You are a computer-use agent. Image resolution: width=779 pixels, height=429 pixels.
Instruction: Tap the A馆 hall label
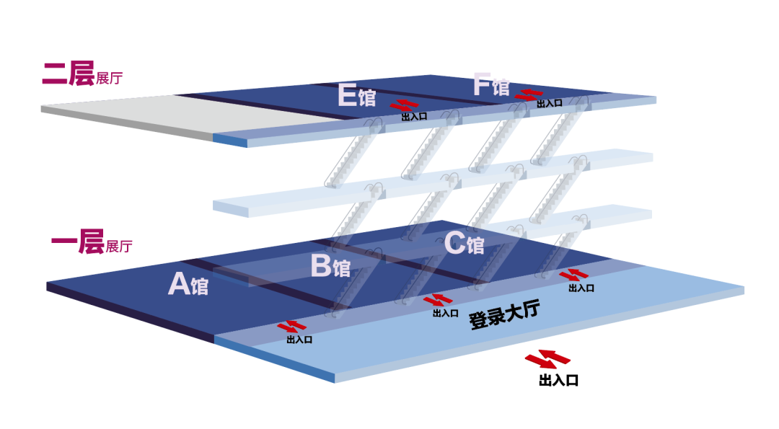click(188, 285)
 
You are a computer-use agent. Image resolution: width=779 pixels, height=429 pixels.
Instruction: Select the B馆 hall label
click(330, 266)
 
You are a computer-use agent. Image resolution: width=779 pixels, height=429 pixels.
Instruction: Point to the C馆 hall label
click(464, 244)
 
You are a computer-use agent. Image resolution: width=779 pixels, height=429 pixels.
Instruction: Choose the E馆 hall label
click(356, 95)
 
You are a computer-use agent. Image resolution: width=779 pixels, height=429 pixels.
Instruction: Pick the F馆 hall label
click(490, 85)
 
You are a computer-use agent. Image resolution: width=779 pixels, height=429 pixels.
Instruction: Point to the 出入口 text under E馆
click(414, 116)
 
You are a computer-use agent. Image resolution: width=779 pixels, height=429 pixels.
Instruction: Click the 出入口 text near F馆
click(550, 104)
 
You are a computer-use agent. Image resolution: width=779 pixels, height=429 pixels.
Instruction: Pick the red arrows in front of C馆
click(575, 275)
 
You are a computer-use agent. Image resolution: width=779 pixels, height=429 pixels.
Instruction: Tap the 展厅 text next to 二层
click(109, 79)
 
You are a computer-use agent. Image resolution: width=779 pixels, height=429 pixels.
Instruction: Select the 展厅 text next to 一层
click(119, 247)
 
